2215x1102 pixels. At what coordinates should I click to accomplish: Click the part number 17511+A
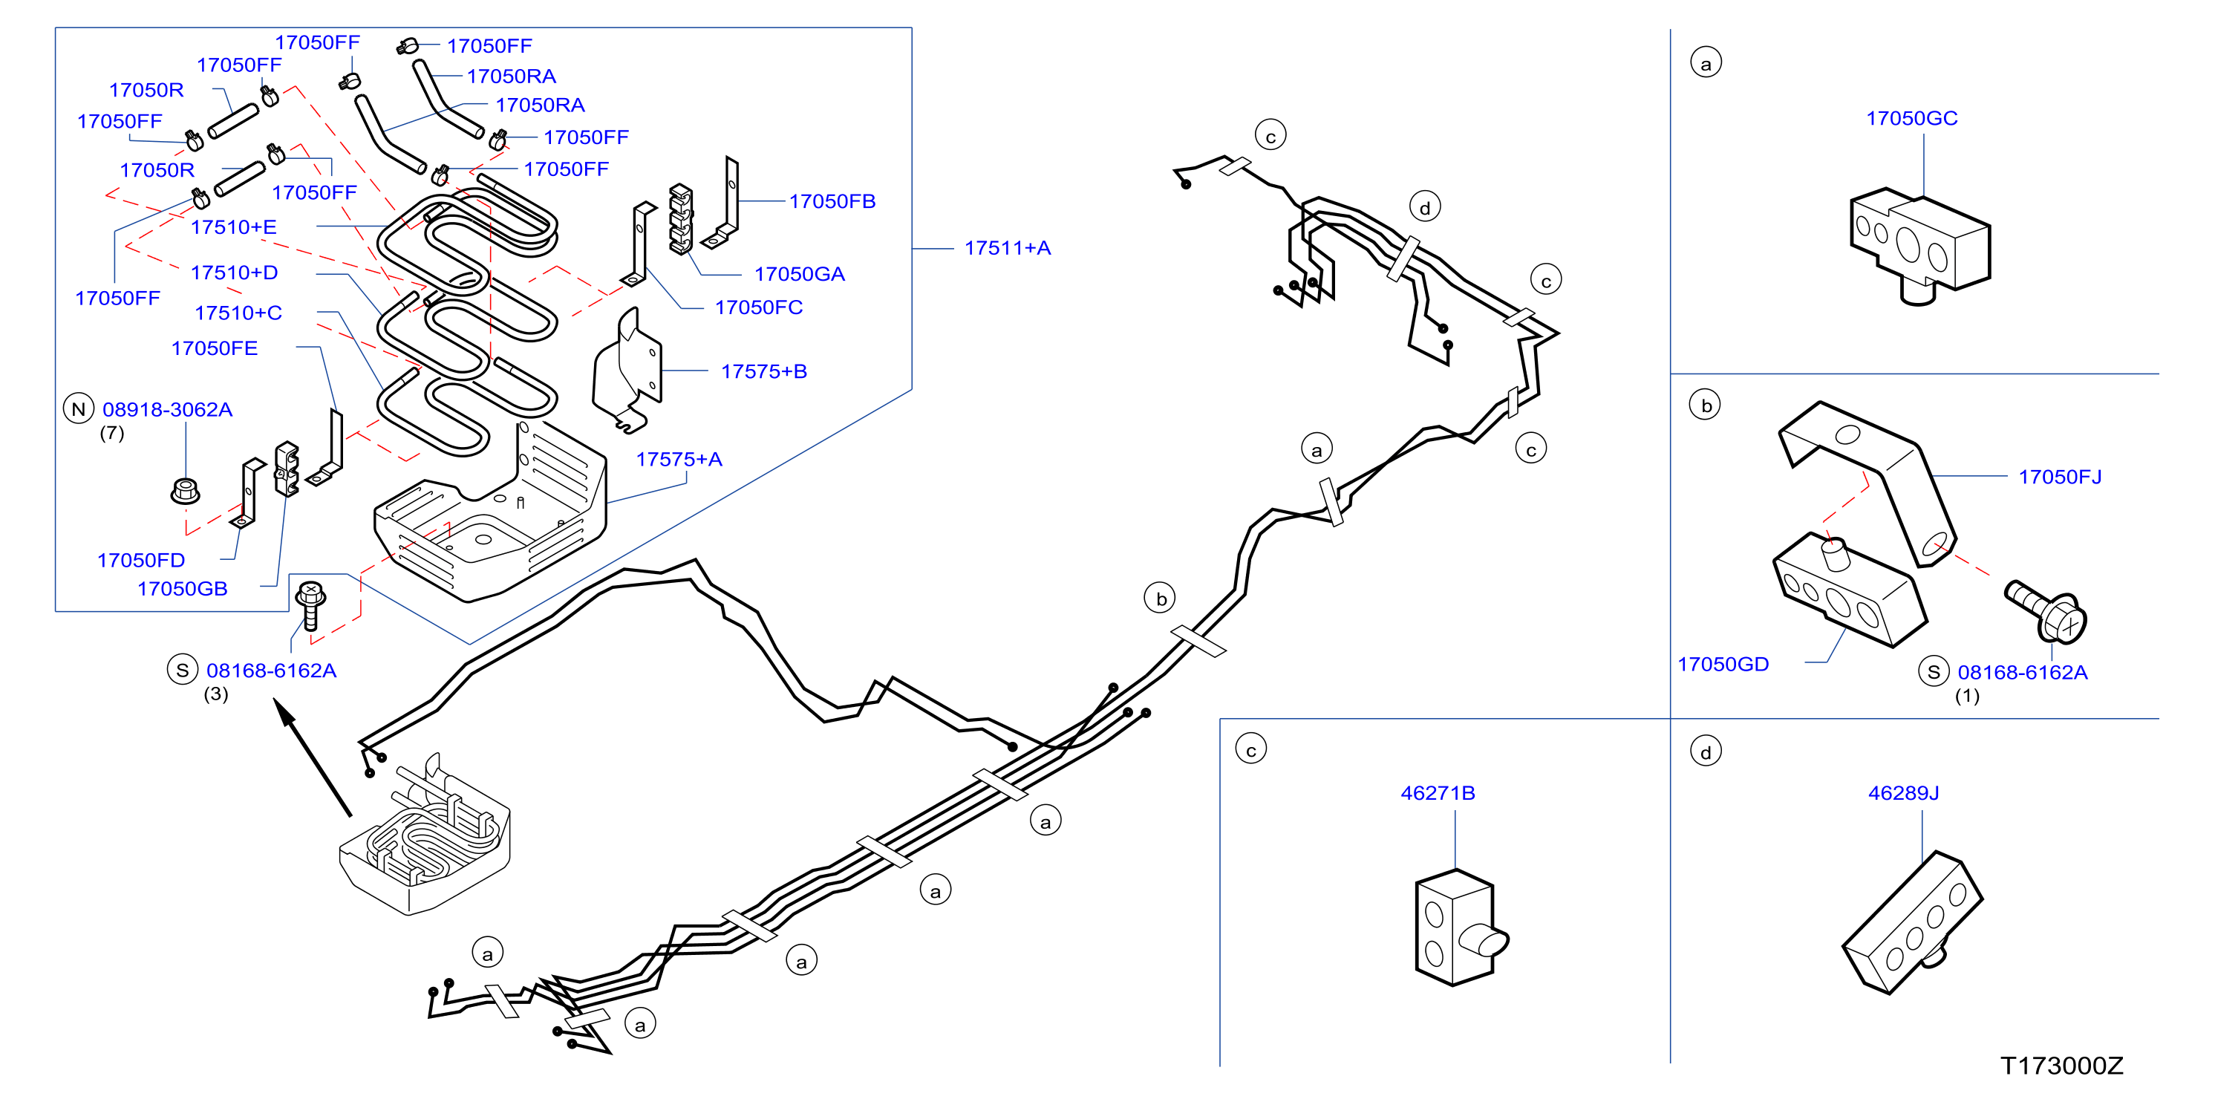(x=1007, y=249)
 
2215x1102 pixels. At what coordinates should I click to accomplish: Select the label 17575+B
(x=763, y=371)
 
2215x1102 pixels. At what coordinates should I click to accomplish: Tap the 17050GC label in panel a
(x=1911, y=119)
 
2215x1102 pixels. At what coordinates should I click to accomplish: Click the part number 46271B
(x=1438, y=792)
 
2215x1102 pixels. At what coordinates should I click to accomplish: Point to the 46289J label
(x=1904, y=792)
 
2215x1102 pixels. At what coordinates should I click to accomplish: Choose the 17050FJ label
(x=2061, y=477)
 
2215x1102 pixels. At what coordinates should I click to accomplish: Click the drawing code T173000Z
(x=2062, y=1066)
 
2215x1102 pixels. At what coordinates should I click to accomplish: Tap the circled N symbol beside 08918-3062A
(x=78, y=409)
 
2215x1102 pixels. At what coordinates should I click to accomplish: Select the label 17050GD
(x=1723, y=665)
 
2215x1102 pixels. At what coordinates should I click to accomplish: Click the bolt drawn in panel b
(x=2046, y=610)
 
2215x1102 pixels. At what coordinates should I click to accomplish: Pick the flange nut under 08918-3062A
(x=185, y=491)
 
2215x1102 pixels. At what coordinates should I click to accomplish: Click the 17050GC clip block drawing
(x=1920, y=246)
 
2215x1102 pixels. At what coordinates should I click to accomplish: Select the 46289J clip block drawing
(x=1912, y=922)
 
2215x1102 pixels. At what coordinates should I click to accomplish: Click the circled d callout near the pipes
(x=1425, y=207)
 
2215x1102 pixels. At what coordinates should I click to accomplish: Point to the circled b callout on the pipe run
(x=1160, y=599)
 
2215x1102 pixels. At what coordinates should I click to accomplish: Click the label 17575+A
(x=679, y=460)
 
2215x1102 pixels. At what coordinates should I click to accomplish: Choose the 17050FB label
(x=832, y=201)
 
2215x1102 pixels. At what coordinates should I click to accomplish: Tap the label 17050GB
(x=182, y=589)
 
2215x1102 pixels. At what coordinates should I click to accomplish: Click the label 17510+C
(x=238, y=313)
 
